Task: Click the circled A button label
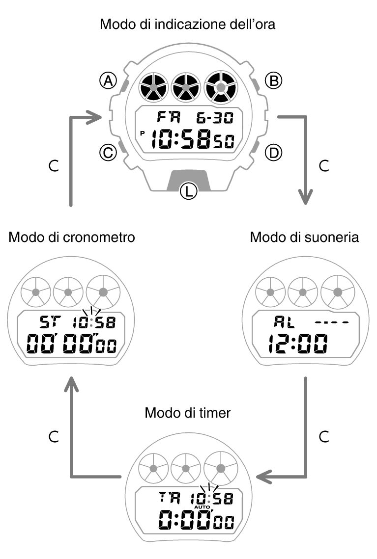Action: pos(107,80)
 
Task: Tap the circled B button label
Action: pos(273,80)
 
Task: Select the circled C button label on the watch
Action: pos(107,154)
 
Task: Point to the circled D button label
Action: pos(274,154)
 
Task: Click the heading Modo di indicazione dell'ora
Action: pos(188,24)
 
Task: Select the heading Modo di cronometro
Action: pos(72,238)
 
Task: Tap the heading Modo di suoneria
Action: pos(304,238)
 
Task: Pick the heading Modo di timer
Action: pos(188,413)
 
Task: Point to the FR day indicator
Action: pos(169,118)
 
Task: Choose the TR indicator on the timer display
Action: pos(169,498)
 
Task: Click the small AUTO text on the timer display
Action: pos(202,506)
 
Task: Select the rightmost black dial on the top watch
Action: pos(220,87)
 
